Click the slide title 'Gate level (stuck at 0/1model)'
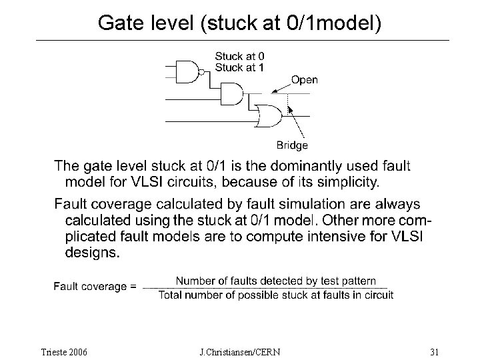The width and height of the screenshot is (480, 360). point(240,23)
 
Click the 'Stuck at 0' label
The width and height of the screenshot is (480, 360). point(239,56)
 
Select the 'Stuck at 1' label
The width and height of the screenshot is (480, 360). point(239,67)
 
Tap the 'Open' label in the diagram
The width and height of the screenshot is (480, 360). point(304,80)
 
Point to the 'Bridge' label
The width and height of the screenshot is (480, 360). point(292,145)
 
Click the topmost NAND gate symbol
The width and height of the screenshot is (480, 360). point(190,71)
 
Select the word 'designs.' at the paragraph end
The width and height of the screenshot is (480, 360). point(93,253)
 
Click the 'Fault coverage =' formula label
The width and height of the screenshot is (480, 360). point(95,287)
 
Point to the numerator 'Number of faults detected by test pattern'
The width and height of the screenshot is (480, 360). point(275,281)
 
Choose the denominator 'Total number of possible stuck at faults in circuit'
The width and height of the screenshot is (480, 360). point(275,295)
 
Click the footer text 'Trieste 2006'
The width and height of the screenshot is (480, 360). point(63,351)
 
